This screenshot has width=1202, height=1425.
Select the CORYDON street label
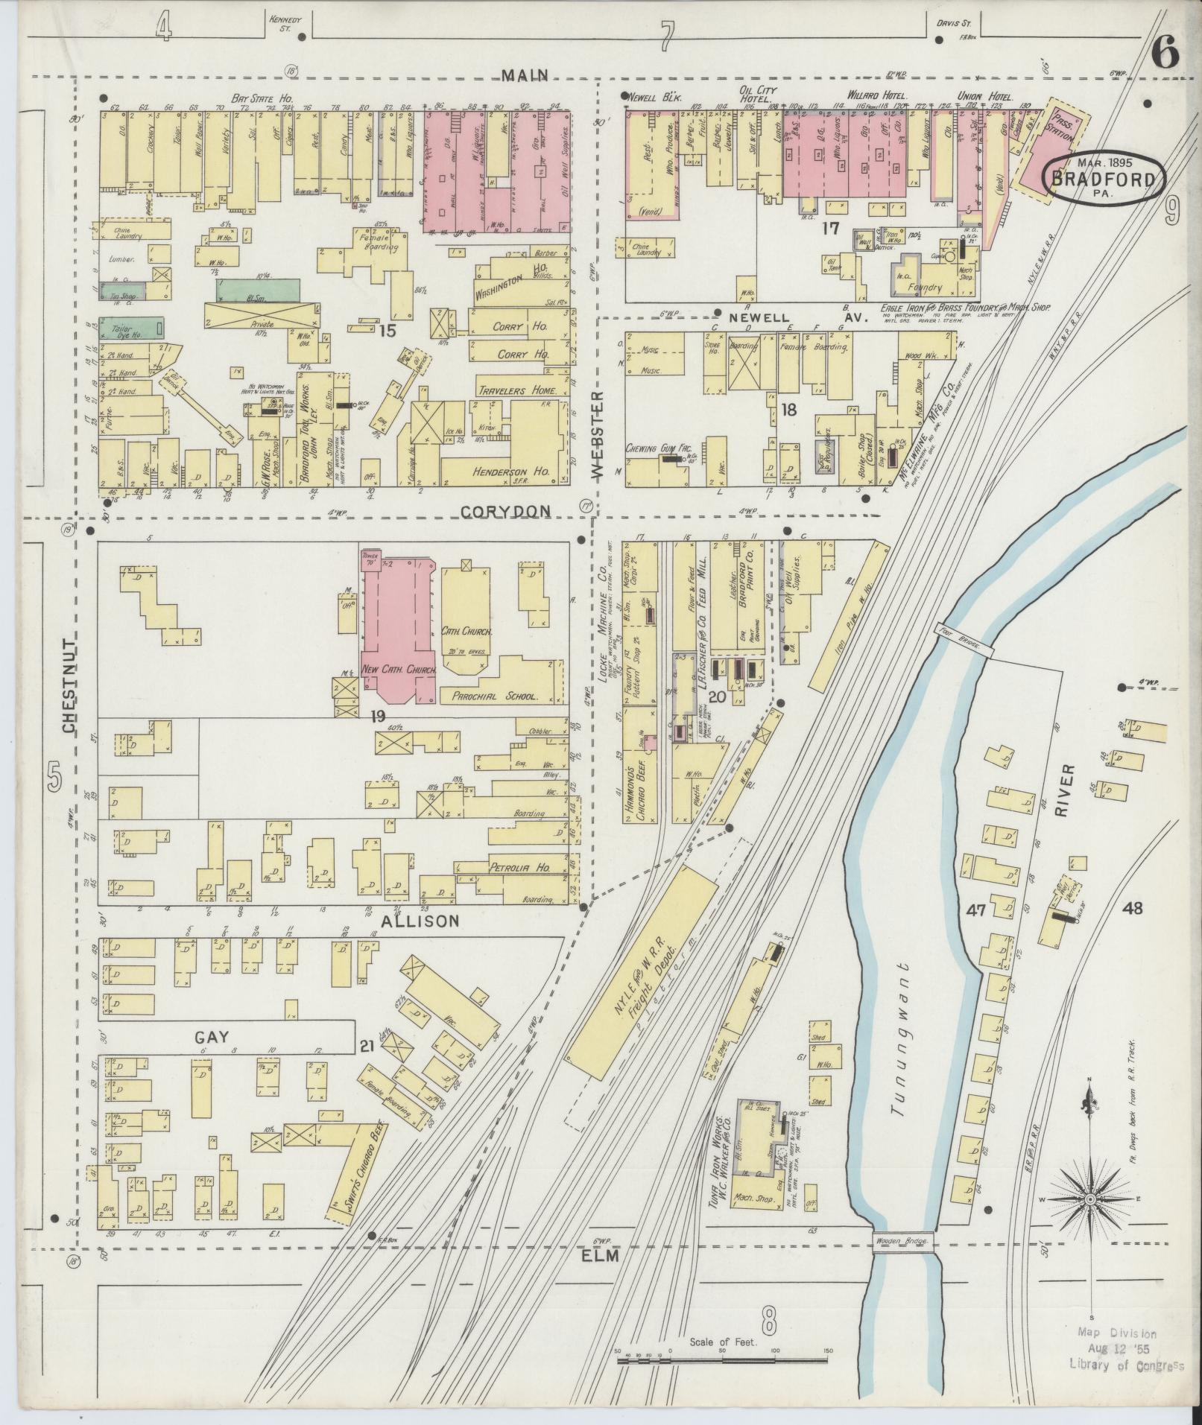click(x=504, y=511)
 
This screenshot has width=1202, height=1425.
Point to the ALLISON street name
click(x=421, y=921)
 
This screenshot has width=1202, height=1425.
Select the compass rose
click(x=1089, y=1199)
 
